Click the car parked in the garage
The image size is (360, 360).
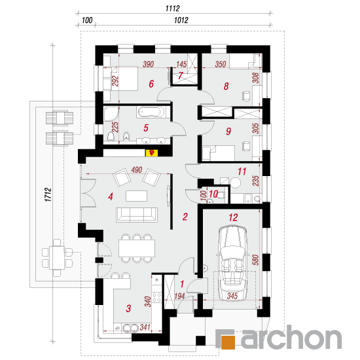(232, 263)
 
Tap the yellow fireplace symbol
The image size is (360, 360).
(152, 153)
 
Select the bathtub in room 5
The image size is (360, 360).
(151, 113)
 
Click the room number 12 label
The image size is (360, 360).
(233, 217)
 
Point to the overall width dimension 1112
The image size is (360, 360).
(172, 9)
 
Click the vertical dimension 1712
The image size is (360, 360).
(48, 194)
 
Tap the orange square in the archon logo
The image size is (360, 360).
(228, 342)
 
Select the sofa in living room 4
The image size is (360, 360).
(137, 215)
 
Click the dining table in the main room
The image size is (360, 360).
(137, 248)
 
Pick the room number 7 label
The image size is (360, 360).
(181, 75)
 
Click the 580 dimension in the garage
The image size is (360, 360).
(255, 260)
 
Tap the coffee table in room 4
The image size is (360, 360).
(136, 196)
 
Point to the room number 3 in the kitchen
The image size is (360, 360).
(128, 308)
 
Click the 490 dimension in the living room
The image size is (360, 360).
(137, 170)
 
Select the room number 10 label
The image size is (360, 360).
(213, 194)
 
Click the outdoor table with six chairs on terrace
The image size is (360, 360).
(57, 258)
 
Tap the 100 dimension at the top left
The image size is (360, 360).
(87, 20)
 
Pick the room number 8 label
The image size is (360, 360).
(226, 86)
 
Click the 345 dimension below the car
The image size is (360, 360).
(232, 296)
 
